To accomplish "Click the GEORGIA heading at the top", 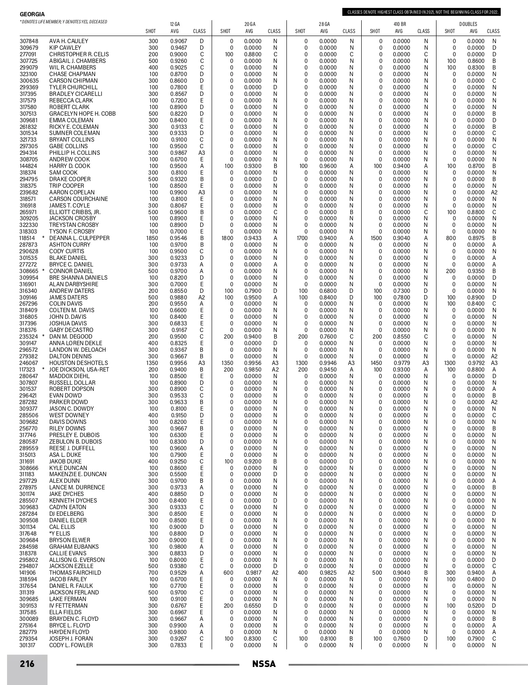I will pos(32,15).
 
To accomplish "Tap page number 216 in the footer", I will pos(27,664).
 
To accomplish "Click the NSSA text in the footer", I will pos(264,664).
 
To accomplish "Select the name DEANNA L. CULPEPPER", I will pos(79,238).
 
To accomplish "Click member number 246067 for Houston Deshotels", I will pos(29,363).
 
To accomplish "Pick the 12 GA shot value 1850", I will pos(152,238).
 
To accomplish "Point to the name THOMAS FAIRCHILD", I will pos(75,573).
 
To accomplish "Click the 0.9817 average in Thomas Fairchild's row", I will pos(253,573).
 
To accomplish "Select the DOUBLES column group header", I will pos(468,24).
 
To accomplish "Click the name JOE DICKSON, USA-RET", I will pos(79,370).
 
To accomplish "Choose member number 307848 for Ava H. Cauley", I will pos(29,41).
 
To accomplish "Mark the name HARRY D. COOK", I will pos(70,166).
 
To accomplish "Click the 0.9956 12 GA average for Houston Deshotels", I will pos(178,363).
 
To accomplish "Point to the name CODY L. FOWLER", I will pos(71,645).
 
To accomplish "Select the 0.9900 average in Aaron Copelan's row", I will pos(178,193).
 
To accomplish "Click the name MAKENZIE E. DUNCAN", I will pos(77,474).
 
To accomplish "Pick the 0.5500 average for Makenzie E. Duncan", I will pos(178,474).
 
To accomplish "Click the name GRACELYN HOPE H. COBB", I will pos(82,114).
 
